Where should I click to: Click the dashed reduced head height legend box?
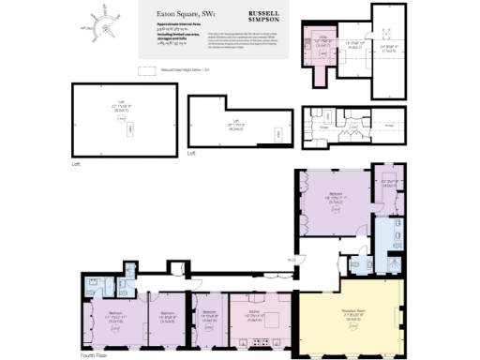pos(146,69)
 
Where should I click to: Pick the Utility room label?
pos(320,39)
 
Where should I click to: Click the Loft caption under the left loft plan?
pos(77,164)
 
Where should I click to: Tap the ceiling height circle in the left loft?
pos(120,129)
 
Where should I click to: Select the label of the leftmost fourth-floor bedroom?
pos(115,314)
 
